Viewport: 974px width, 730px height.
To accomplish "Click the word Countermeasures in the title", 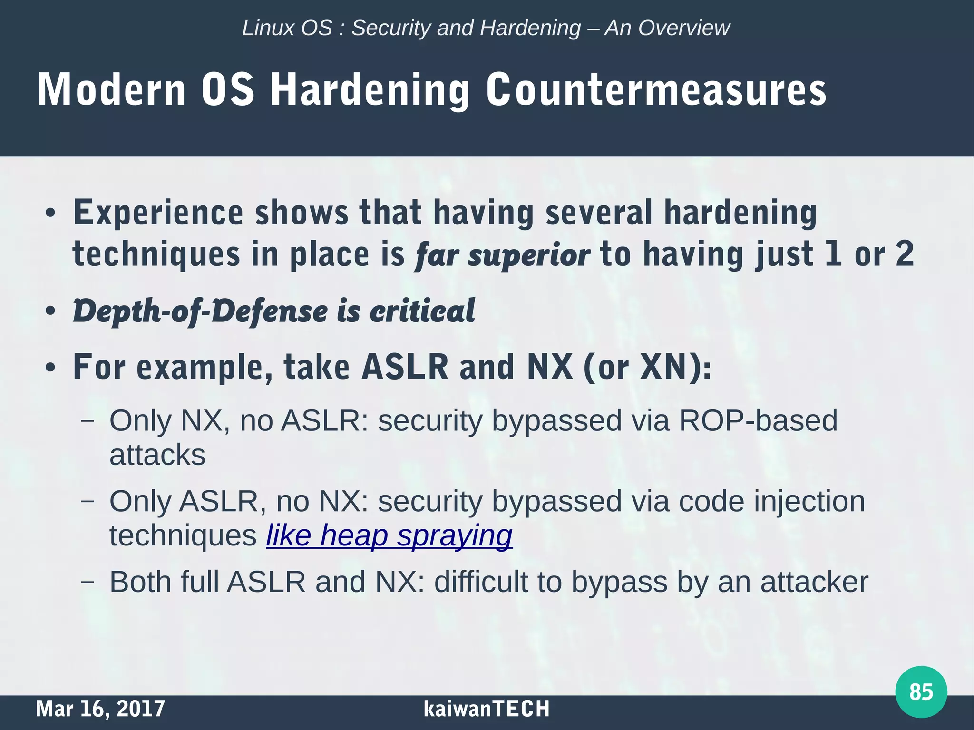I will tap(656, 90).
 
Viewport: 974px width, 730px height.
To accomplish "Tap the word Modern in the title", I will tap(111, 90).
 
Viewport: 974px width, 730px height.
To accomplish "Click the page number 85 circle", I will tap(921, 691).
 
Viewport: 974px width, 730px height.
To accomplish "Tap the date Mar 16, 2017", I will tap(100, 709).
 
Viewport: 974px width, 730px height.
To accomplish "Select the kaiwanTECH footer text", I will tap(486, 709).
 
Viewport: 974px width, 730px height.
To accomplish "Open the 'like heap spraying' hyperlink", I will tap(389, 535).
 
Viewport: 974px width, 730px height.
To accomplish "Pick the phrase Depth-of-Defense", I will tap(200, 311).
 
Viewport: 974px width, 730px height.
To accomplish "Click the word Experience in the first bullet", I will tap(158, 213).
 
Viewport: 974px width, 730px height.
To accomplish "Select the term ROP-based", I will tap(758, 420).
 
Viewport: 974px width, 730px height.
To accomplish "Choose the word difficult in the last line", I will tap(481, 582).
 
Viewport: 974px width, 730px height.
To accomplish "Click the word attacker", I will tap(814, 582).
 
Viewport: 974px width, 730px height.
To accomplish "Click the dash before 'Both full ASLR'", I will tap(87, 582).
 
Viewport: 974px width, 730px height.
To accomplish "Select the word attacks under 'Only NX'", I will tap(157, 455).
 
